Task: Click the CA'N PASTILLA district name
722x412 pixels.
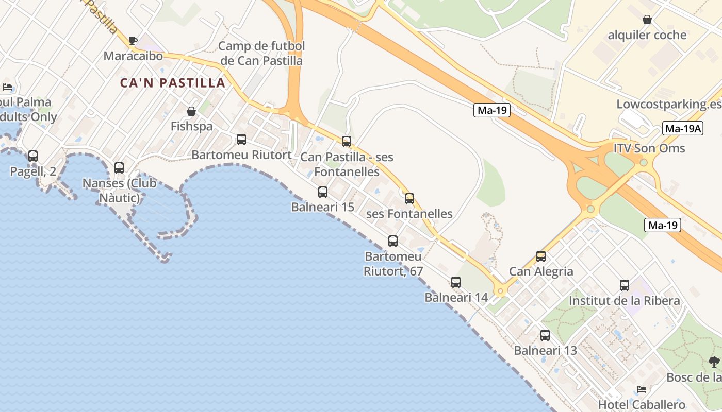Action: point(173,83)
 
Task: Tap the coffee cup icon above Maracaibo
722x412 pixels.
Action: point(133,41)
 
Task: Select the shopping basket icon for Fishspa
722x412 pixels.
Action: point(191,111)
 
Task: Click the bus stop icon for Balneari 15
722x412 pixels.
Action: point(323,192)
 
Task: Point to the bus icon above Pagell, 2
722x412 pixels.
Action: point(33,156)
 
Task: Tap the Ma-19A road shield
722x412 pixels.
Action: point(683,129)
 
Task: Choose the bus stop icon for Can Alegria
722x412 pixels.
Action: point(541,256)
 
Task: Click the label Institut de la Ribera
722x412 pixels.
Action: point(624,300)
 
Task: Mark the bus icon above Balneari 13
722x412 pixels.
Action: point(545,335)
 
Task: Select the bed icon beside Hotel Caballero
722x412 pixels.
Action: point(642,389)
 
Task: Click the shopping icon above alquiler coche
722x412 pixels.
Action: point(647,20)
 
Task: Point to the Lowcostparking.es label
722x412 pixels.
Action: point(669,105)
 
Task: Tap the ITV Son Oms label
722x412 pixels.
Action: point(649,148)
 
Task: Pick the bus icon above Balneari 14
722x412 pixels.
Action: point(456,282)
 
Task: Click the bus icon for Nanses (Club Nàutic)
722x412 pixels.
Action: point(119,168)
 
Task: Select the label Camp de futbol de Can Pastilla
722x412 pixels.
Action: point(261,53)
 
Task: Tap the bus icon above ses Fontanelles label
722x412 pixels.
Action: point(409,198)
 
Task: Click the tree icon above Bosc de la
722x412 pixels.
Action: point(714,362)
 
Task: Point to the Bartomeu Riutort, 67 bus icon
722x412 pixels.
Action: point(393,241)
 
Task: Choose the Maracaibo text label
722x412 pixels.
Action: point(133,56)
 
